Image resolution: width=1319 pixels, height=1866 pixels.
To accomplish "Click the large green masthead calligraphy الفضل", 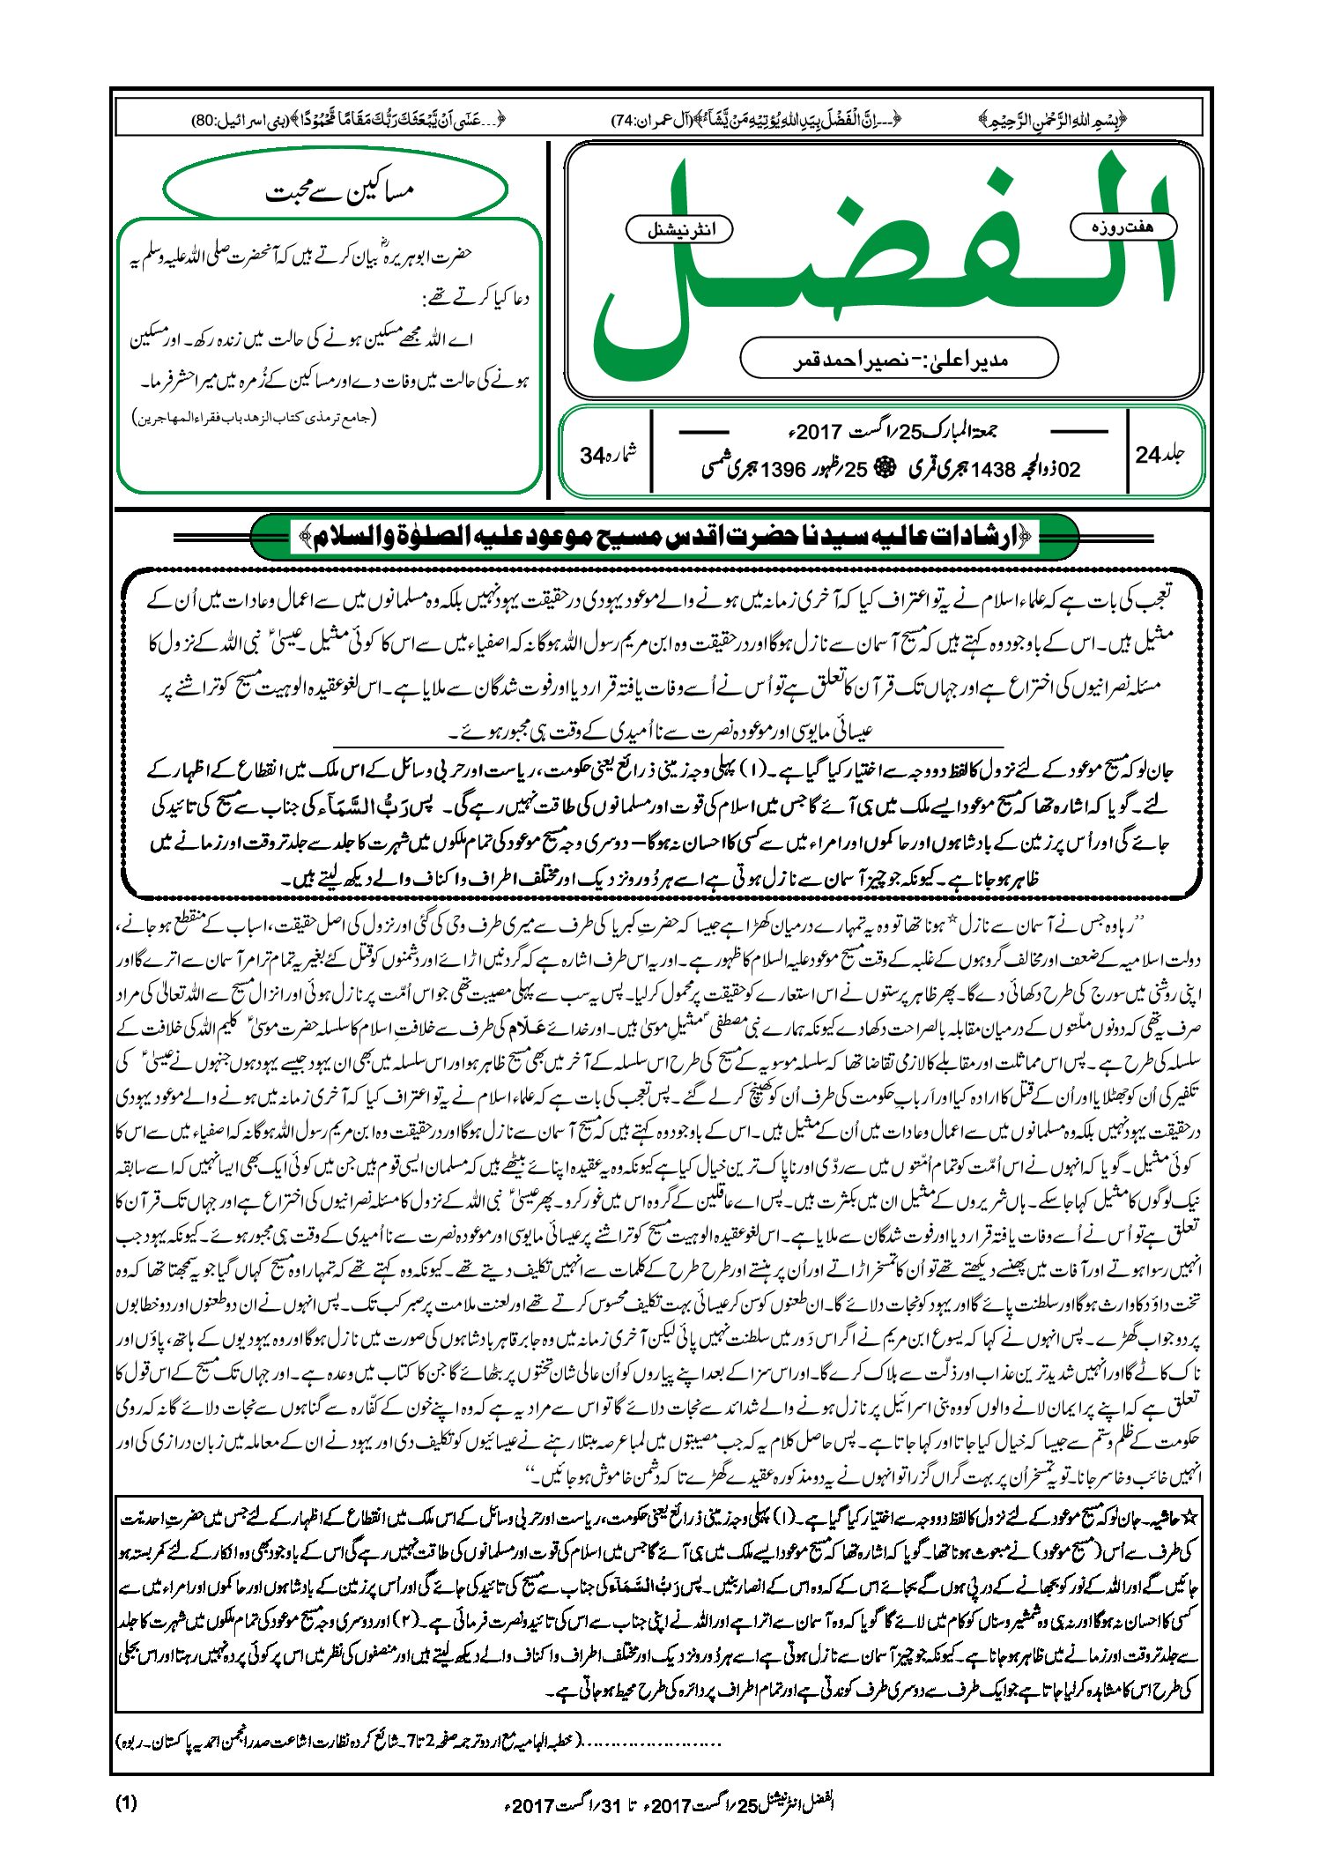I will coord(881,264).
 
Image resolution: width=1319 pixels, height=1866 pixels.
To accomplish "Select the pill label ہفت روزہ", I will coord(1123,227).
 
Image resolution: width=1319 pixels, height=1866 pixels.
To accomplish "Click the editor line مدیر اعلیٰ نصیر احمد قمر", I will coord(899,359).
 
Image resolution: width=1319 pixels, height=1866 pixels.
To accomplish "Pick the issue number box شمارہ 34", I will coord(607,455).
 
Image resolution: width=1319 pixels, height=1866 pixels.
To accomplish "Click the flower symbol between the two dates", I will coord(880,469).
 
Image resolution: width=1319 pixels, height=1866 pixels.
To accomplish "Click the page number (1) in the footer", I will coord(127,1803).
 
